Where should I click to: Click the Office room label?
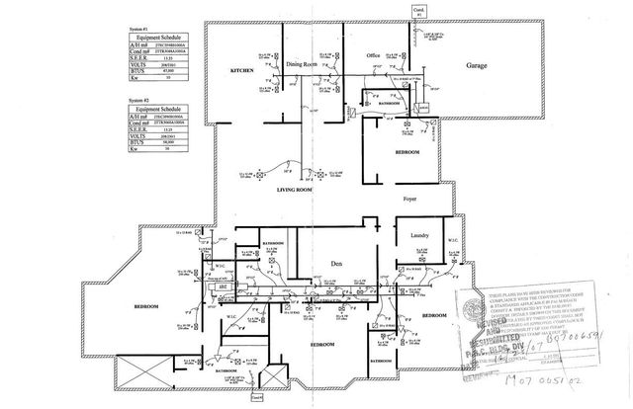[374, 55]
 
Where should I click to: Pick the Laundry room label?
[410, 235]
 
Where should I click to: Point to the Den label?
[333, 264]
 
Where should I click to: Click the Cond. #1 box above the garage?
[417, 11]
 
